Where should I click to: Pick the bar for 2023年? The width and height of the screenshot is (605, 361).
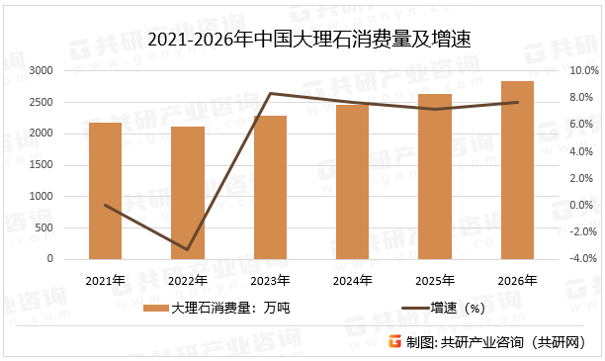point(270,187)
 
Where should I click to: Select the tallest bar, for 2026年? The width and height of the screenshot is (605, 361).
point(517,169)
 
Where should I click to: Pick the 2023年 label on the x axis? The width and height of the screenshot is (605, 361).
point(270,281)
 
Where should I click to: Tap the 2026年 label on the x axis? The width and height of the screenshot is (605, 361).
point(517,281)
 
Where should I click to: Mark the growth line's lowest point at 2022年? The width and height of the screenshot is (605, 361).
point(187,249)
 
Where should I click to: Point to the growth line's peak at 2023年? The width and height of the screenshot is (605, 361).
point(270,94)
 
